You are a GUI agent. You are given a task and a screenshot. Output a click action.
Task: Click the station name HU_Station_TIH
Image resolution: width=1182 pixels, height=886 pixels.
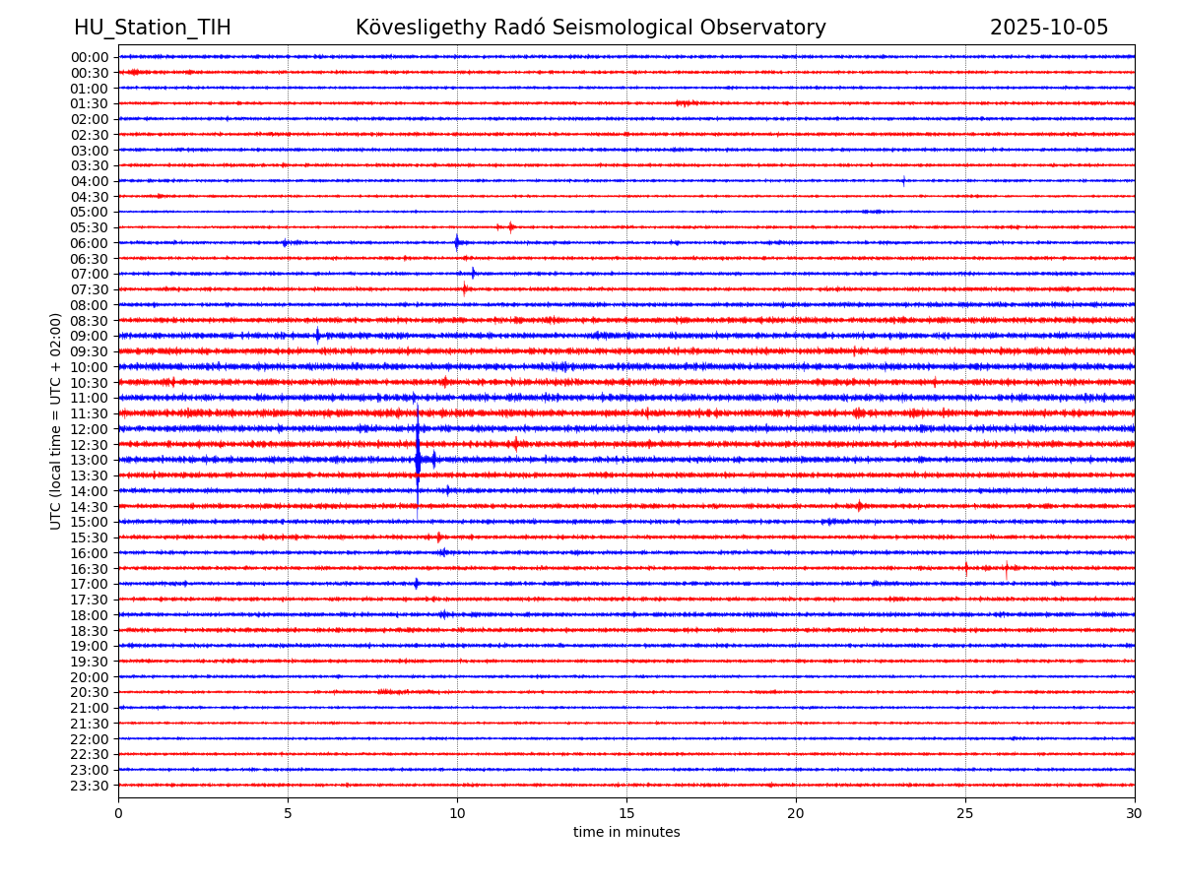[153, 29]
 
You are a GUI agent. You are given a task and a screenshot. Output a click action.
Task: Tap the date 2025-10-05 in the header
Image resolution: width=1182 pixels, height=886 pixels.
[1049, 29]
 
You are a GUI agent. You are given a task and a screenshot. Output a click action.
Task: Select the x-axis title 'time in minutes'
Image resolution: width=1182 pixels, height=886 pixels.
[626, 833]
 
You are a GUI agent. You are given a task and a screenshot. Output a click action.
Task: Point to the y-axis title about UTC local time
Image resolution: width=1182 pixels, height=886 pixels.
[56, 420]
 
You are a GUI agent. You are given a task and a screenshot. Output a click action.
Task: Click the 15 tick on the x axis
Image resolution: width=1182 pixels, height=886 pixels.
[626, 814]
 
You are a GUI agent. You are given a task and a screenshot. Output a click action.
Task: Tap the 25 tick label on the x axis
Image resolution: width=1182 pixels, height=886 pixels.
[965, 814]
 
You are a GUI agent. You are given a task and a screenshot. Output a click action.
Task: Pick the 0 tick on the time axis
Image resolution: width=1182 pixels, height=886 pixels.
[118, 814]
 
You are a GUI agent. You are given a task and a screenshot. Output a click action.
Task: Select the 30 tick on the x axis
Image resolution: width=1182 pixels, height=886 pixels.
[1135, 814]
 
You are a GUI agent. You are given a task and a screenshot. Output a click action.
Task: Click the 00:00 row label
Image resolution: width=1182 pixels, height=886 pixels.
[90, 57]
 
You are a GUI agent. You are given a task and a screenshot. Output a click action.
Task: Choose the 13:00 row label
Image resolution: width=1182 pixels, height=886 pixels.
[90, 460]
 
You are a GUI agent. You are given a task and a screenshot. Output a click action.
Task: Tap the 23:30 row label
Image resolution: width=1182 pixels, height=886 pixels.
[90, 786]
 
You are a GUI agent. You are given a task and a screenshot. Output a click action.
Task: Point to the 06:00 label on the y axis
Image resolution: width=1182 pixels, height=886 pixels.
[90, 243]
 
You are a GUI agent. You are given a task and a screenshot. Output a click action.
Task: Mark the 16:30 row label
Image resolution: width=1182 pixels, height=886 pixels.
[90, 568]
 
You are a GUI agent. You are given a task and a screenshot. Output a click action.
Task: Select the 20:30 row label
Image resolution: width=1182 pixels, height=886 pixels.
[90, 692]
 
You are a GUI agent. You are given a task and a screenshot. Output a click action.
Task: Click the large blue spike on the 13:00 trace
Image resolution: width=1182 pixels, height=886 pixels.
[418, 460]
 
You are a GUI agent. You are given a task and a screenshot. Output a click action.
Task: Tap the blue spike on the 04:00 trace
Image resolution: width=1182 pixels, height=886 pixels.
[903, 181]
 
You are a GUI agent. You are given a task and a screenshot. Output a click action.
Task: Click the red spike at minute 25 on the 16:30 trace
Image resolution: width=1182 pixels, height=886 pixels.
[966, 568]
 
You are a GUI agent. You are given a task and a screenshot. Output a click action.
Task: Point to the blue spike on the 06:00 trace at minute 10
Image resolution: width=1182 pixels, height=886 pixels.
[456, 243]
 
